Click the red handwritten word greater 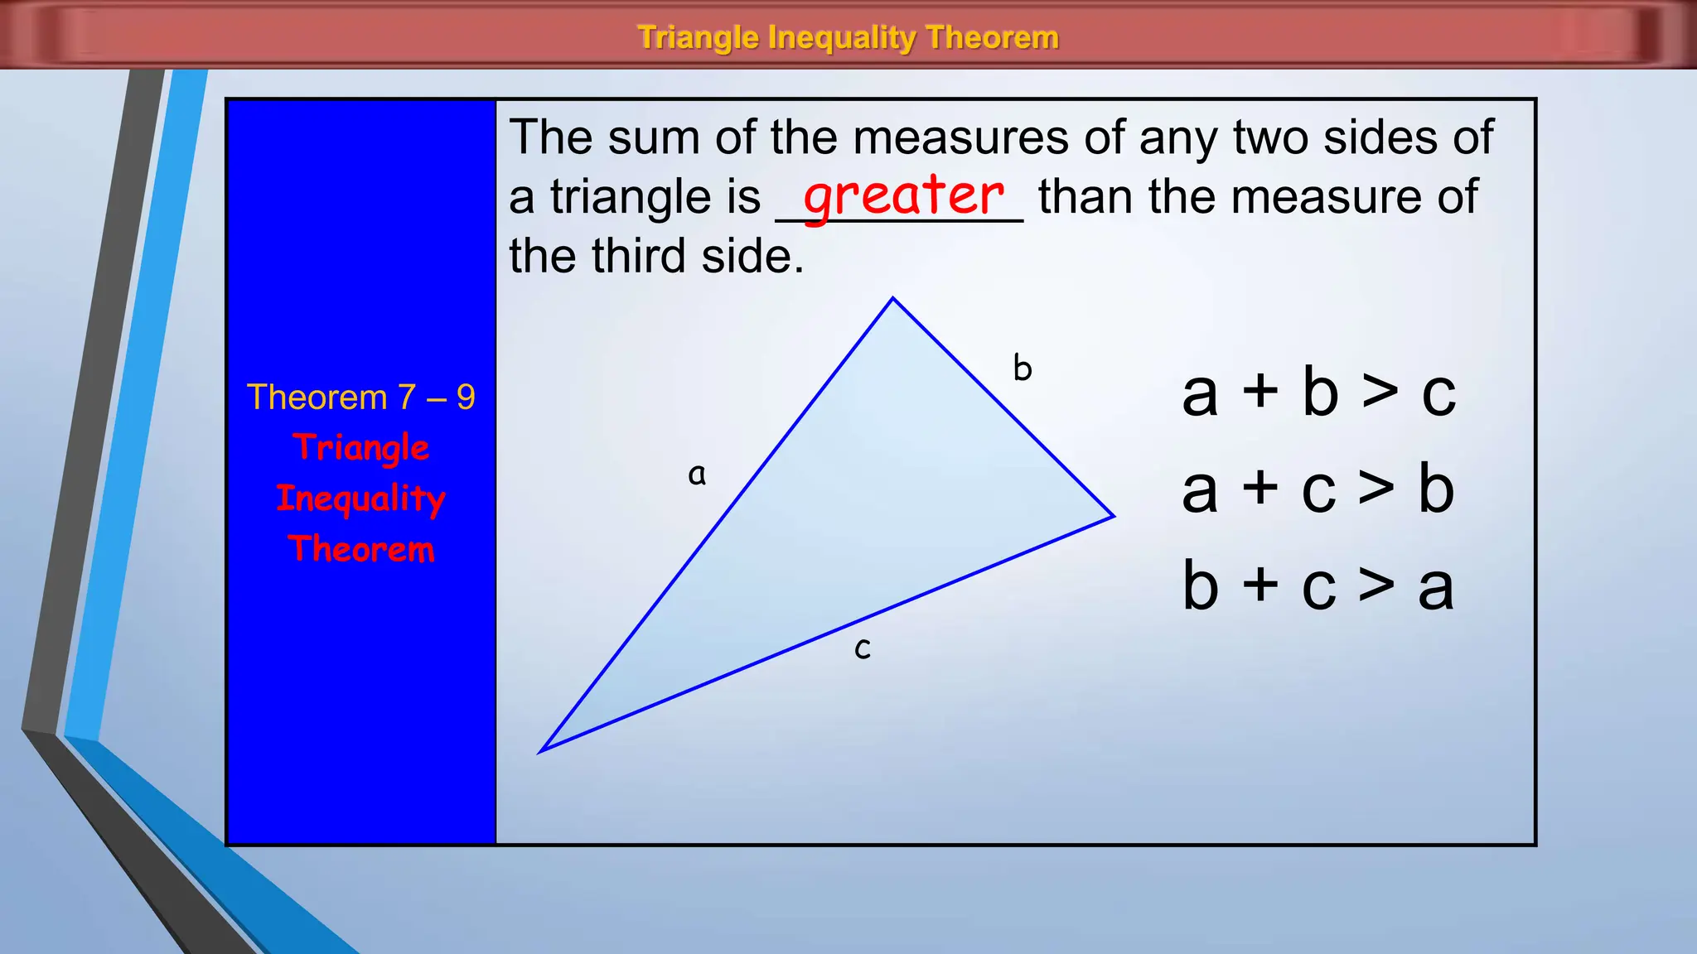click(903, 197)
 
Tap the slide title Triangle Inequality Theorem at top click(848, 37)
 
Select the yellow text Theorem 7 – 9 click(360, 397)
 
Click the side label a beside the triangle click(697, 475)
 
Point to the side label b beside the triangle click(1023, 368)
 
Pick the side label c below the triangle click(863, 648)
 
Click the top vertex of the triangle click(892, 298)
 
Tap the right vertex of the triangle click(1113, 516)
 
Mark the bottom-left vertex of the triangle click(541, 751)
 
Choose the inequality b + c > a click(1317, 586)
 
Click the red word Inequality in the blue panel click(360, 499)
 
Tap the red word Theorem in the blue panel click(360, 549)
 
